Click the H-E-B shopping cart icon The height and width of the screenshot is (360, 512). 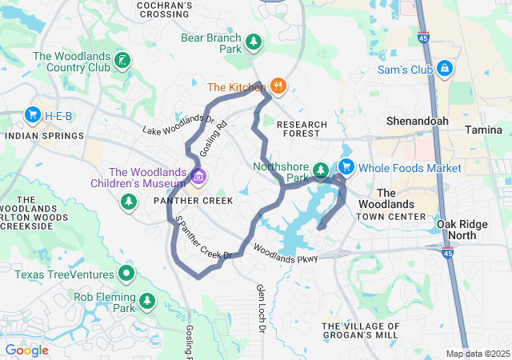coord(33,115)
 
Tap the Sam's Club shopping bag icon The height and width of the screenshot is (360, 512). coord(445,69)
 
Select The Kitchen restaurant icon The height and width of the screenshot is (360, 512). coord(278,86)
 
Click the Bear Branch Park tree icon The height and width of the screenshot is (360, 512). coord(254,41)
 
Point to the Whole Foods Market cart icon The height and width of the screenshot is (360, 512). coord(346,167)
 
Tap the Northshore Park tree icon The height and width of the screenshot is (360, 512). coord(320,170)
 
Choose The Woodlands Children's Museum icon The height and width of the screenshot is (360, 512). coord(198,174)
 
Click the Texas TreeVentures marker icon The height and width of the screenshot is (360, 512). coord(126,274)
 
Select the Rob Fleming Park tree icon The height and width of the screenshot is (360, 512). coord(146,301)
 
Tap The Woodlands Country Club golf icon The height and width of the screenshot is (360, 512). coord(122,60)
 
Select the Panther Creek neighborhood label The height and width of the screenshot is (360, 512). coord(194,200)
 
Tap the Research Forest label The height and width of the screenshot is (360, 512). coord(302,130)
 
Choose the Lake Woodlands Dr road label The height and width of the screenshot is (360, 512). coord(178,124)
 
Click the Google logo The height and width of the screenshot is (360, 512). coord(26,350)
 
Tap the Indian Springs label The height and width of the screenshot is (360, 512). coord(44,136)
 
